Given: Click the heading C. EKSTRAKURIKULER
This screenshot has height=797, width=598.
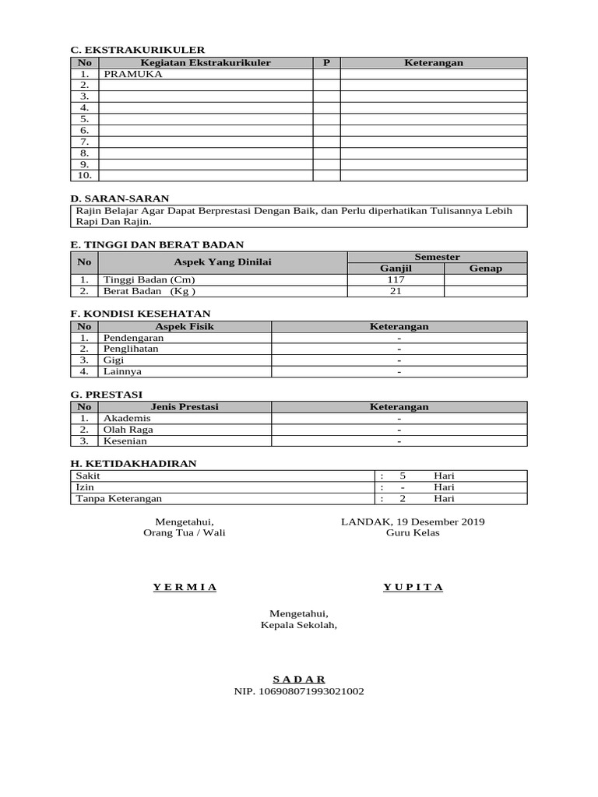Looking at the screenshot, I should (x=137, y=50).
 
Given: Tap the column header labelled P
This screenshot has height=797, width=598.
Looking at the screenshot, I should (x=327, y=62).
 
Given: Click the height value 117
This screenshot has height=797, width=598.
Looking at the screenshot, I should (x=396, y=280).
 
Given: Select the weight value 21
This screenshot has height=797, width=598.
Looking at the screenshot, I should (x=396, y=292).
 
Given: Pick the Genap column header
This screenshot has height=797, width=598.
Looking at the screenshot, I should (x=485, y=269).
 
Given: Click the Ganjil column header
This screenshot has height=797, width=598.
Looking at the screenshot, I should (x=396, y=269).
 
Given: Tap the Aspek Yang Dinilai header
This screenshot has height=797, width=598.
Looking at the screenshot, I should (x=222, y=262).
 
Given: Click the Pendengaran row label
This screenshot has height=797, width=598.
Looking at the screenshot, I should (x=133, y=339).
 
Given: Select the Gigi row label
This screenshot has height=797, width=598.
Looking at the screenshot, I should (x=114, y=361).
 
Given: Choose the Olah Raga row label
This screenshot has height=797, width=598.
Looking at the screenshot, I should (x=128, y=430).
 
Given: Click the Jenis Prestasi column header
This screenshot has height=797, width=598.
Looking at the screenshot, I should (x=184, y=406).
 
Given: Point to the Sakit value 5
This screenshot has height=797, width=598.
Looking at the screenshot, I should (x=403, y=476).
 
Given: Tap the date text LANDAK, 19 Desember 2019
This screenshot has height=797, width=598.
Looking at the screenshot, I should (x=413, y=521).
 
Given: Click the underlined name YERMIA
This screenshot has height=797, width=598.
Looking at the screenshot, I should (x=185, y=587).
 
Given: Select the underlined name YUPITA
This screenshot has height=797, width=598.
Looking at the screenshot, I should (x=413, y=587).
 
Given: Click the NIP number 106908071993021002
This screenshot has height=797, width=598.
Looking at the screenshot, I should (x=299, y=691).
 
